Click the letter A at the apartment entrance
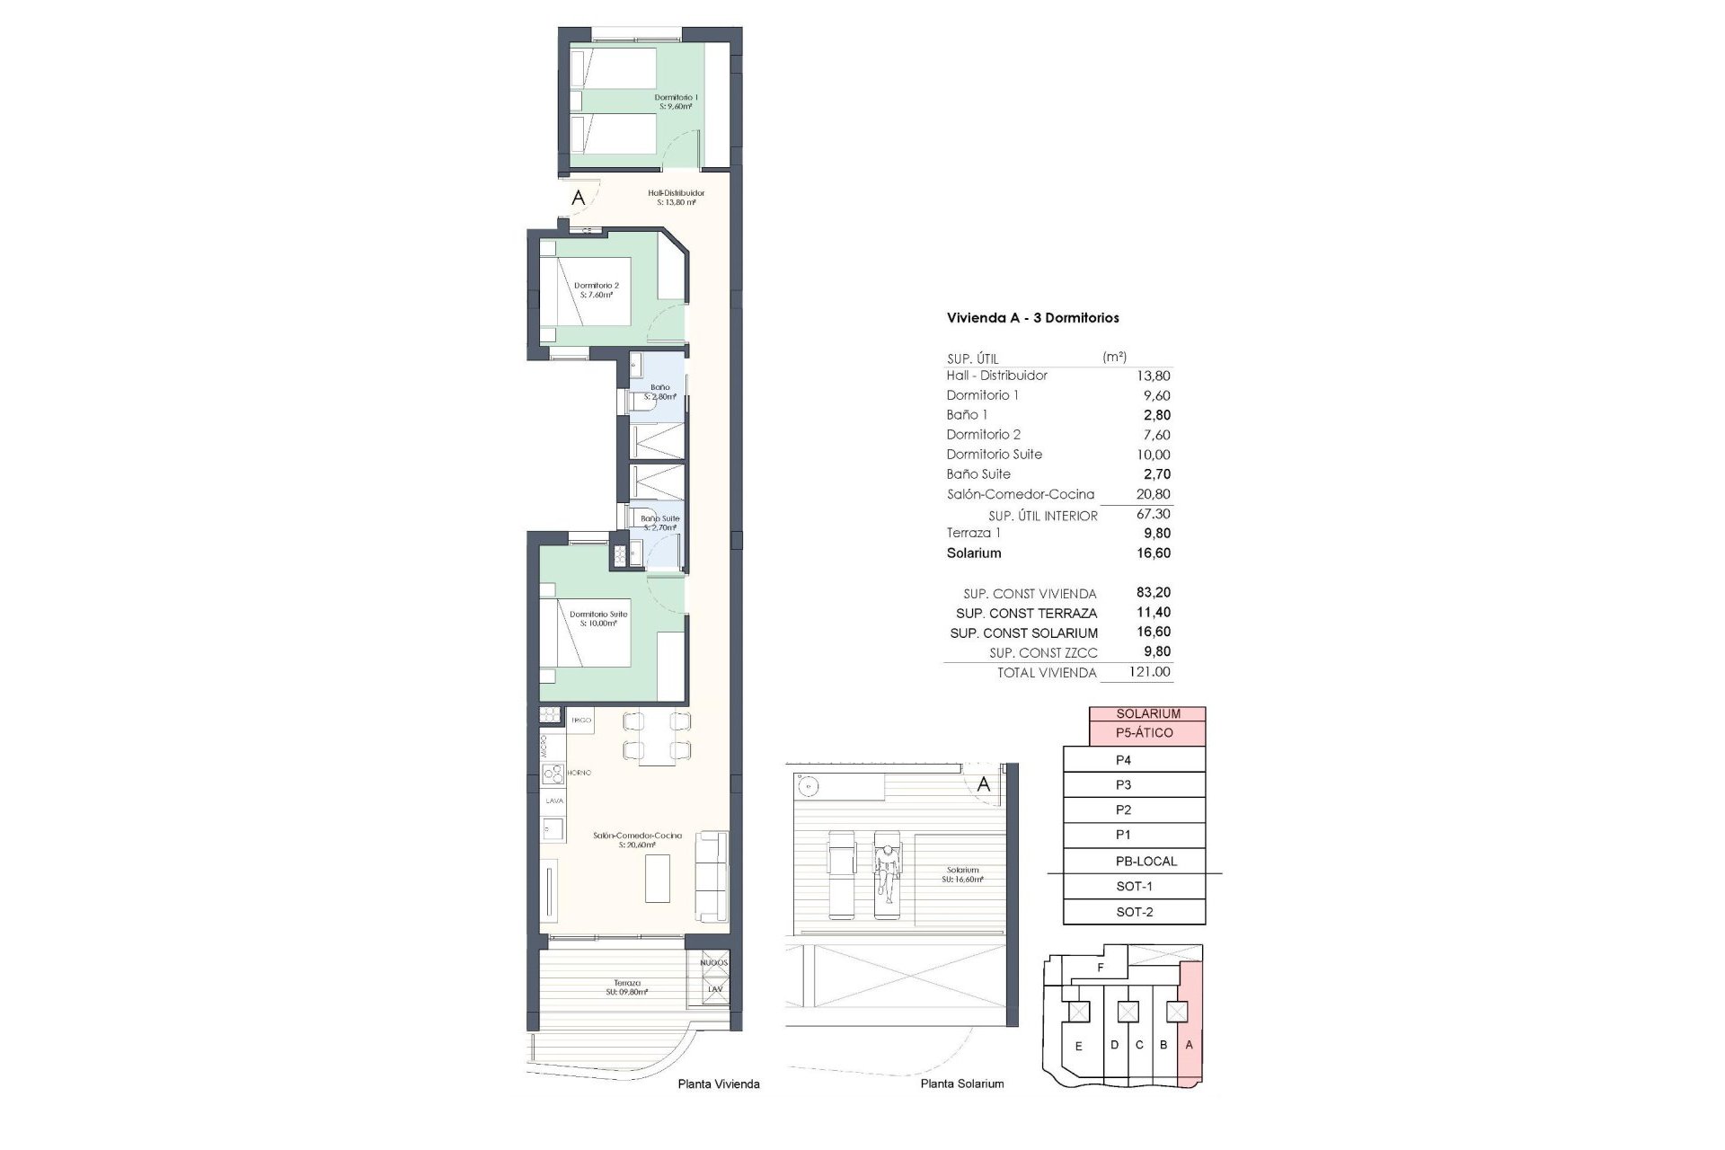coord(578,198)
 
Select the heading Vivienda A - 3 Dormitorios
coord(1032,318)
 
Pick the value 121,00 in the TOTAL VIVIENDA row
coord(1149,672)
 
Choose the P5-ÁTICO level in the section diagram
coord(1144,733)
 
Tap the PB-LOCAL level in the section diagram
coord(1146,861)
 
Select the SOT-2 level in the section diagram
coord(1134,912)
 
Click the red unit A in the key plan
coord(1190,1044)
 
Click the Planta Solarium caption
coord(961,1084)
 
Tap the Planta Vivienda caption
coord(719,1084)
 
